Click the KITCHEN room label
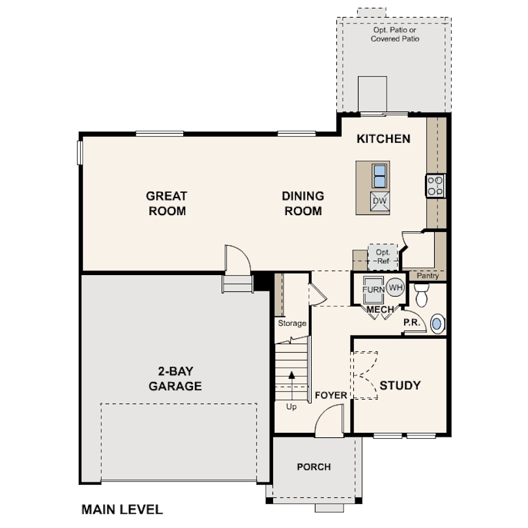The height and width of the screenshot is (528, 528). [383, 139]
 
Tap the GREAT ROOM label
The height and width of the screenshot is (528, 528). [167, 203]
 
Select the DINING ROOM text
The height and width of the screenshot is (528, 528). [303, 203]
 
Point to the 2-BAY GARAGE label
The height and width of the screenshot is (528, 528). [175, 379]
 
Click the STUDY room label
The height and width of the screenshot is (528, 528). [400, 385]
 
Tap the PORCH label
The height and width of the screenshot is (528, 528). [314, 467]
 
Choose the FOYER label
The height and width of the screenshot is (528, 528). [331, 395]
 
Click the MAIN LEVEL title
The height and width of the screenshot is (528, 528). [123, 510]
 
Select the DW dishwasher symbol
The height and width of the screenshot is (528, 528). [380, 201]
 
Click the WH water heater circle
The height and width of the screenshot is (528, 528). [395, 287]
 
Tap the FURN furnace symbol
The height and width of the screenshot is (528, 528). [373, 289]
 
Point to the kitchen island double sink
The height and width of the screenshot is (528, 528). [379, 176]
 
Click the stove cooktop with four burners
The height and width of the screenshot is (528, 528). [435, 186]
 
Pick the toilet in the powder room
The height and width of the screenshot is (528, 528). [422, 295]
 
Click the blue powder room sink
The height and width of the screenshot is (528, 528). [437, 324]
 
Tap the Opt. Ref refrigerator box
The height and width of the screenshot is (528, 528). [383, 257]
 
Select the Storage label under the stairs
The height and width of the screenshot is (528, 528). [292, 323]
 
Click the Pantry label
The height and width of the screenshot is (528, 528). [428, 276]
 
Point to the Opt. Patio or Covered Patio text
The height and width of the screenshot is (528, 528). [395, 35]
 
